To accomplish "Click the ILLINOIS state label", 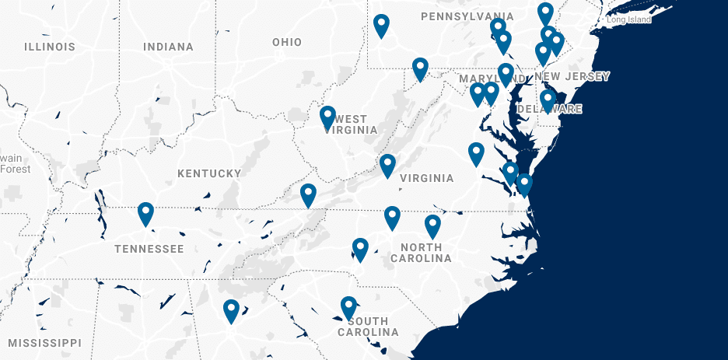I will [50, 47].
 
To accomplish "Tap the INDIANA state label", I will [168, 47].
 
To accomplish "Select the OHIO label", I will [287, 42].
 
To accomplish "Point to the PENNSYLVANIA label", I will [467, 16].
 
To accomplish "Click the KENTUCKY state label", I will [209, 173].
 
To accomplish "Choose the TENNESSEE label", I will [149, 249].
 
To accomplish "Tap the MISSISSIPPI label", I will [44, 342].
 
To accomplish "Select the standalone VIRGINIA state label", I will [426, 178].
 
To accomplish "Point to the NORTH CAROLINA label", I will [425, 253].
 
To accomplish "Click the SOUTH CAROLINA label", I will [368, 327].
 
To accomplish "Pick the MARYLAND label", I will [485, 79].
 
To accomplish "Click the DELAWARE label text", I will [554, 109].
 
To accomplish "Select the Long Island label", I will [628, 19].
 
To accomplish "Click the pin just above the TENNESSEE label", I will [145, 212].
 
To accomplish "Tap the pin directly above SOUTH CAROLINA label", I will [348, 306].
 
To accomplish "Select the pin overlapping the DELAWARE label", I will [548, 100].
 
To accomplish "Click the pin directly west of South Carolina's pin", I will [231, 310].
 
